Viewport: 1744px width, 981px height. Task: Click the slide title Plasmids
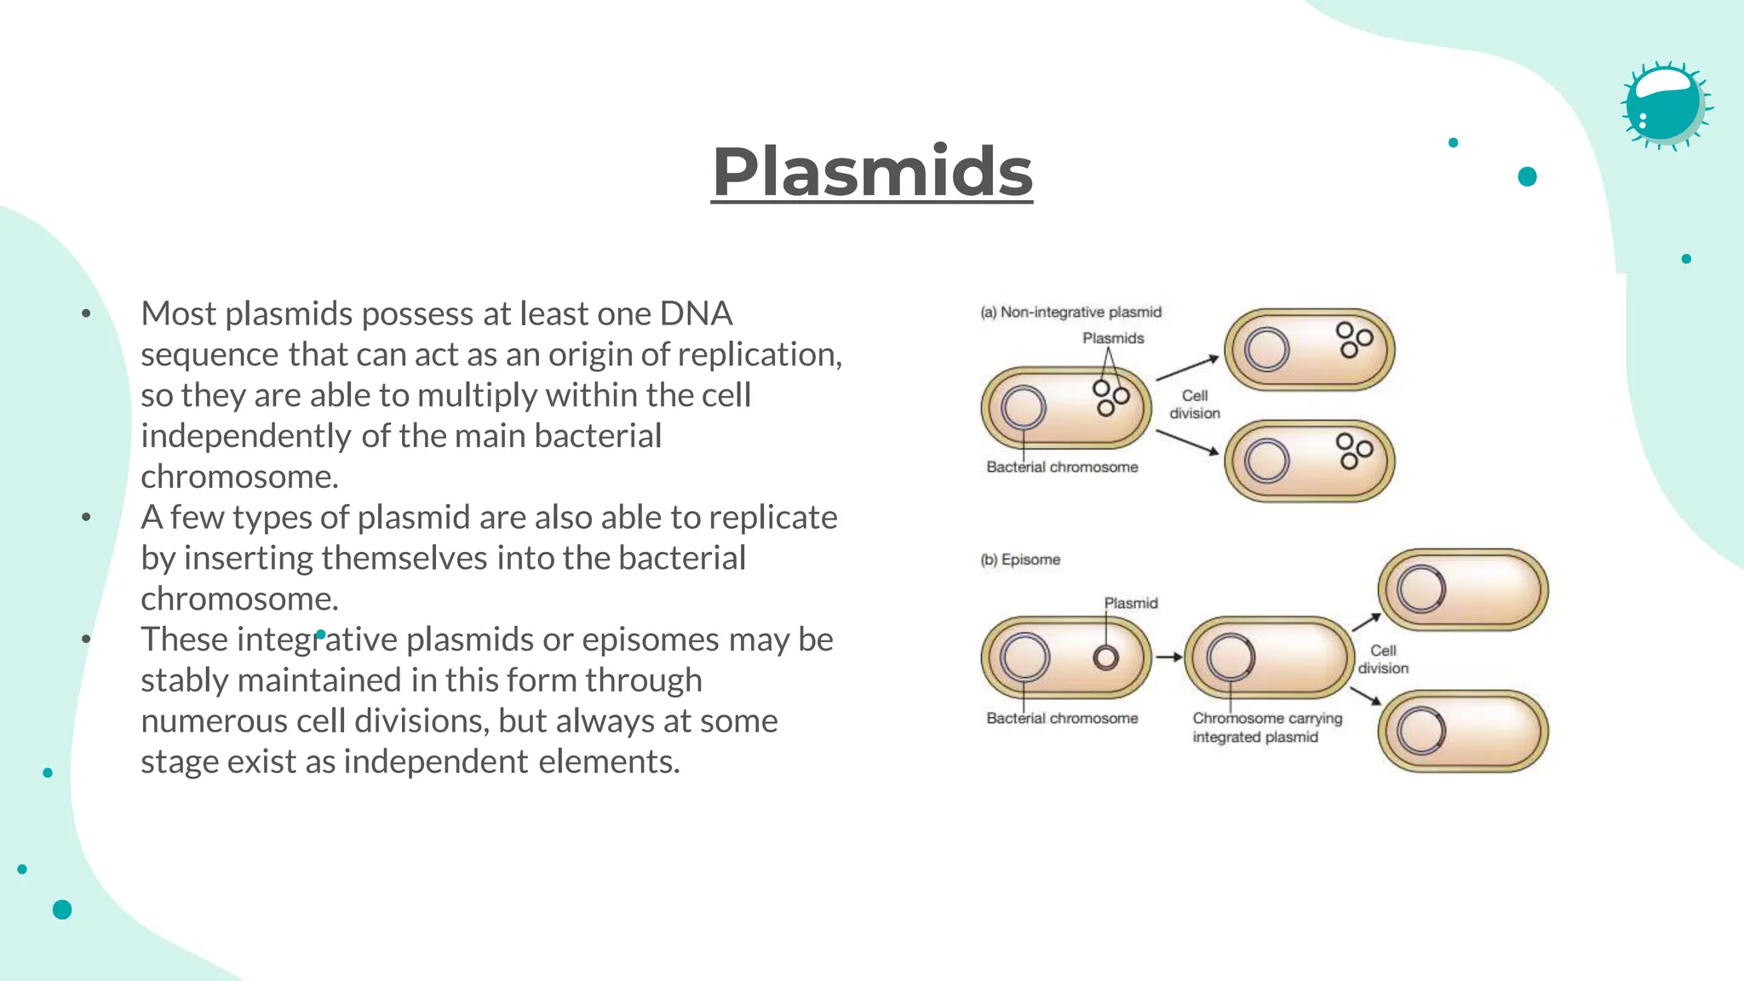pos(872,172)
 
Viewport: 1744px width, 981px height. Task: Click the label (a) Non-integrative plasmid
pos(1070,313)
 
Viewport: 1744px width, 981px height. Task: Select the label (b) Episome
pos(1020,559)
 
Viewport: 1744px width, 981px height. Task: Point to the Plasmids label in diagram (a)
pos(1113,338)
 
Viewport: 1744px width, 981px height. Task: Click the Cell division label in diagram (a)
pos(1194,404)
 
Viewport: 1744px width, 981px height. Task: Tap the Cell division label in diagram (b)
pos(1383,659)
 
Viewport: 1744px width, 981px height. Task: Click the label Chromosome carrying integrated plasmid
pos(1266,727)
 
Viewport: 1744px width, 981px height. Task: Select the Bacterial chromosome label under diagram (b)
pos(1062,718)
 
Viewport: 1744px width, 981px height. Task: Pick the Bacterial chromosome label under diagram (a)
pos(1062,467)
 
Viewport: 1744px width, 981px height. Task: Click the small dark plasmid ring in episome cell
pos(1106,657)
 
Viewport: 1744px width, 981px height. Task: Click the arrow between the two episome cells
pos(1168,657)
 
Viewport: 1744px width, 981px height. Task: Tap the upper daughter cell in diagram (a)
pos(1310,349)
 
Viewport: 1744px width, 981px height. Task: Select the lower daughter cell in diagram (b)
pos(1463,731)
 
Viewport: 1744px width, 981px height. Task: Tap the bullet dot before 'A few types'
pos(86,517)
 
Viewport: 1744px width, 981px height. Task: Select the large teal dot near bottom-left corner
pos(62,909)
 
